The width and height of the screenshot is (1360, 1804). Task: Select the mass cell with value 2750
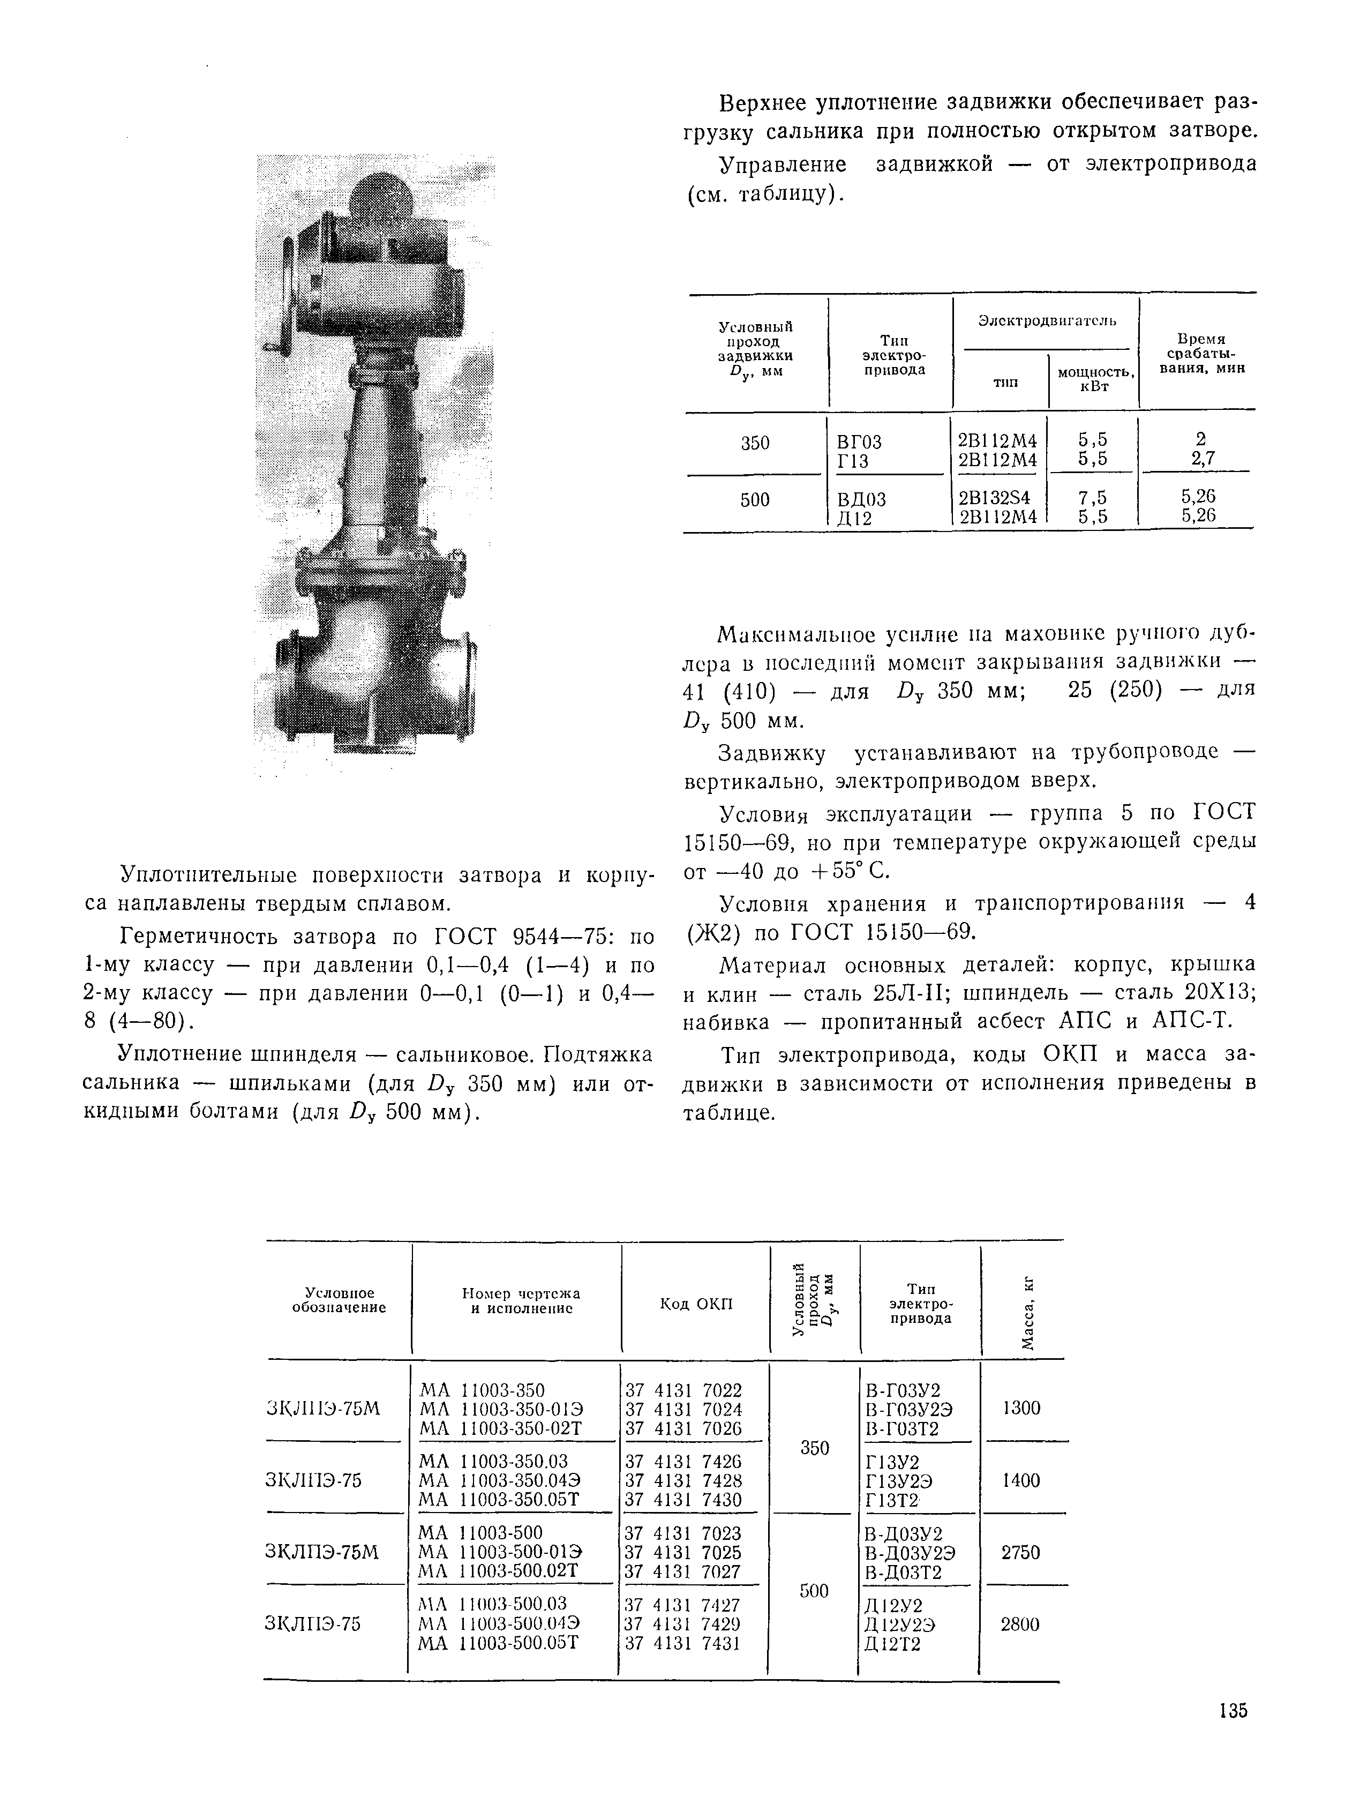pos(1020,1553)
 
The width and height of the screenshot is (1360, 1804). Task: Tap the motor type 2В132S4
pos(994,498)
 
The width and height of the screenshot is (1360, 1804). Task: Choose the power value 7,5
pos(1093,498)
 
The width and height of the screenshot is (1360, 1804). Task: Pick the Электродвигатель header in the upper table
pos(1047,321)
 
